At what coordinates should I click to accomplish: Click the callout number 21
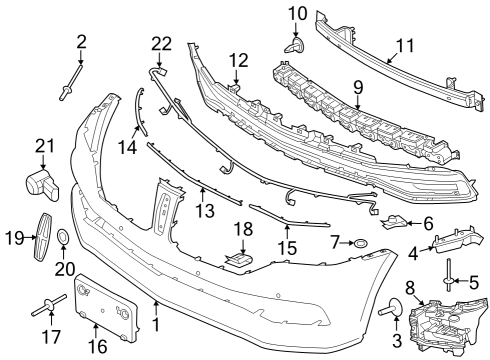[x=41, y=147]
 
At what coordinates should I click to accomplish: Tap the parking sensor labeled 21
[x=41, y=185]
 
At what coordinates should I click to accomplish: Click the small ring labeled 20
[x=62, y=238]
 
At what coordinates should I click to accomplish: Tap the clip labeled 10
[x=296, y=45]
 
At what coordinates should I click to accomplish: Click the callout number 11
[x=404, y=45]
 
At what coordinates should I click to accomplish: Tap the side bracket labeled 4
[x=454, y=237]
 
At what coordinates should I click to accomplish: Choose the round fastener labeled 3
[x=384, y=313]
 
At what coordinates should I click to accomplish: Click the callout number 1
[x=156, y=325]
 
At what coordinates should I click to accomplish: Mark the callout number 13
[x=204, y=211]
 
